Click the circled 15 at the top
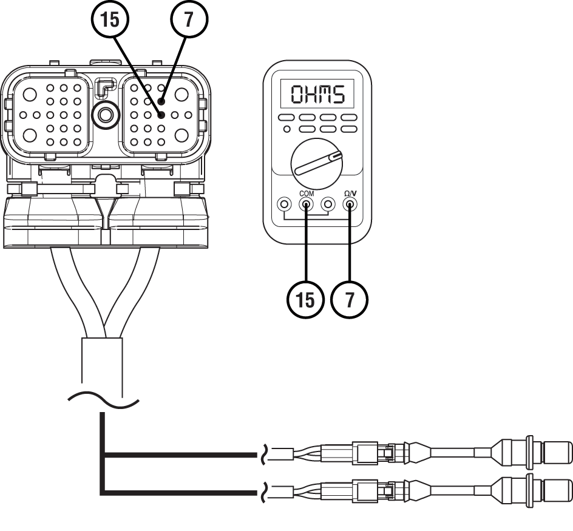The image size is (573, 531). [x=110, y=19]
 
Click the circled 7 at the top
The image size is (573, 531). [x=189, y=19]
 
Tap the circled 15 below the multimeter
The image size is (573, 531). [x=305, y=300]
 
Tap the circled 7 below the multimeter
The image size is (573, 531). [x=350, y=300]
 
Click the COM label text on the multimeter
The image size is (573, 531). [x=307, y=194]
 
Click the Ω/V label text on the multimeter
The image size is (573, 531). [x=350, y=194]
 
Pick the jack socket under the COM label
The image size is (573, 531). [x=307, y=205]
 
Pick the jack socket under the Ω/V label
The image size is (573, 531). [x=350, y=205]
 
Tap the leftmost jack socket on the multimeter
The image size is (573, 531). [x=284, y=205]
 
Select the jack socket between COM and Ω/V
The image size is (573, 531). [x=328, y=205]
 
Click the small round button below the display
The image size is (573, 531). [x=286, y=129]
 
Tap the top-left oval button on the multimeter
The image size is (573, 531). [x=286, y=118]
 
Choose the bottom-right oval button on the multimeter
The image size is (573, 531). [x=349, y=129]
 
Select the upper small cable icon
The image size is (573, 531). [x=290, y=454]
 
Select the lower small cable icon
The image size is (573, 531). [x=290, y=492]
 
